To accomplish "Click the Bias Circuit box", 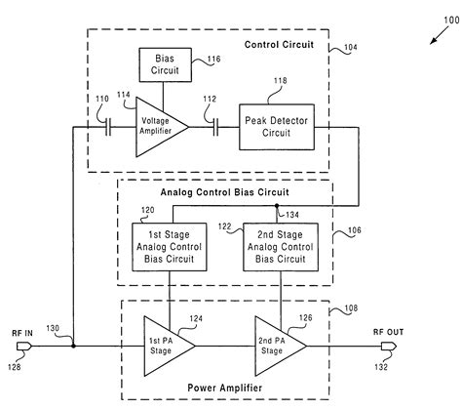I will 163,66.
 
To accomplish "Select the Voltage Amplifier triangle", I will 157,127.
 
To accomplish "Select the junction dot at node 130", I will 74,345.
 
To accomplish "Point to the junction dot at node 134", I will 280,208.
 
